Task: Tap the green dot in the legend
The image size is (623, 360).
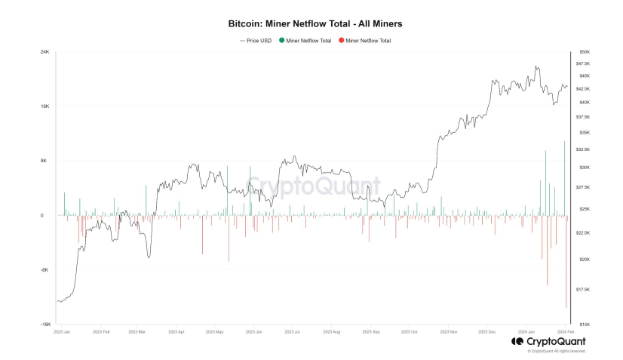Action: pos(281,40)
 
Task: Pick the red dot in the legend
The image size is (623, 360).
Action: pos(342,40)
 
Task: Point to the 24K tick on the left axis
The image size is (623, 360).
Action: pos(44,51)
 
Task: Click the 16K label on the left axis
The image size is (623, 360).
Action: pos(44,106)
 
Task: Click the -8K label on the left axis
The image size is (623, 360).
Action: pos(44,269)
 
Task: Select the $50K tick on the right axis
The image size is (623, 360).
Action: pos(584,51)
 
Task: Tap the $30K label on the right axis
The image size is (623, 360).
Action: pos(584,168)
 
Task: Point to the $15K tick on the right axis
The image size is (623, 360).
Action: pos(584,324)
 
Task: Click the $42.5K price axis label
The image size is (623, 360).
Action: pos(585,88)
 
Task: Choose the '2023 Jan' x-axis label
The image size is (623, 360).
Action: pos(62,331)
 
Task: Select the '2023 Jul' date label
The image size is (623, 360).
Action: pos(293,331)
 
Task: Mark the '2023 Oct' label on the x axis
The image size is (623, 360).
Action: pos(410,331)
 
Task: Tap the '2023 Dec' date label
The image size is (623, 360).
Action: pos(486,331)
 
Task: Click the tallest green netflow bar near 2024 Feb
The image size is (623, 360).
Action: pos(564,178)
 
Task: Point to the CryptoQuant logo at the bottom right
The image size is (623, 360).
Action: pos(548,341)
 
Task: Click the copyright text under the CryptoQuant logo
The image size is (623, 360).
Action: pos(557,351)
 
